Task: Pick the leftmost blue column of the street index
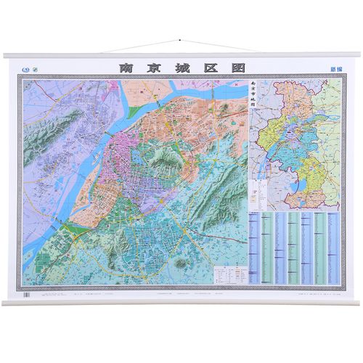point(253,247)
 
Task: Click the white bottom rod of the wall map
point(181,301)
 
